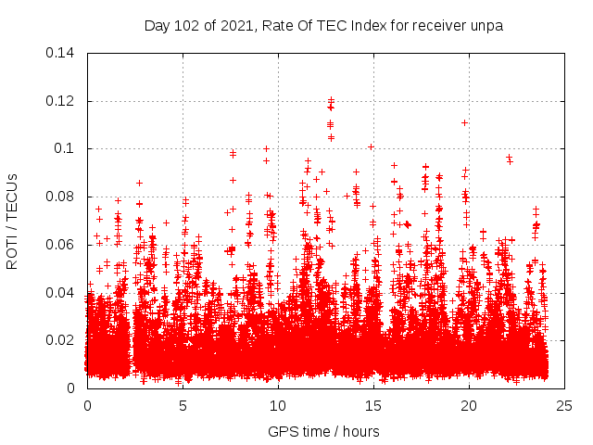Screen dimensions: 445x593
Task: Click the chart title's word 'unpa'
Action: click(486, 25)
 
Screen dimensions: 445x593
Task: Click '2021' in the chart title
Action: click(234, 25)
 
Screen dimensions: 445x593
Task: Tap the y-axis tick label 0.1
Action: click(67, 148)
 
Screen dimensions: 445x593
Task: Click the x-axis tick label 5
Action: click(183, 405)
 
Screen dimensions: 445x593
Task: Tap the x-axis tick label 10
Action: click(278, 405)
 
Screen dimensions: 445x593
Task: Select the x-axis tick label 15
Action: click(373, 405)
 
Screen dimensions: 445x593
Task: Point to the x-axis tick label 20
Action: click(469, 405)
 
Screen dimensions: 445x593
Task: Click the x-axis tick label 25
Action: click(564, 405)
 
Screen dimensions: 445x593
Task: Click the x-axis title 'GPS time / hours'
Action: click(324, 431)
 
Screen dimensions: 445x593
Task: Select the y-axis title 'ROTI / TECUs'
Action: click(13, 221)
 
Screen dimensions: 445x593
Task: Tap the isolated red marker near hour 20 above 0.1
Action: click(464, 122)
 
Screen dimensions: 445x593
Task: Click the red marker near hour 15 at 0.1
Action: click(371, 146)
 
